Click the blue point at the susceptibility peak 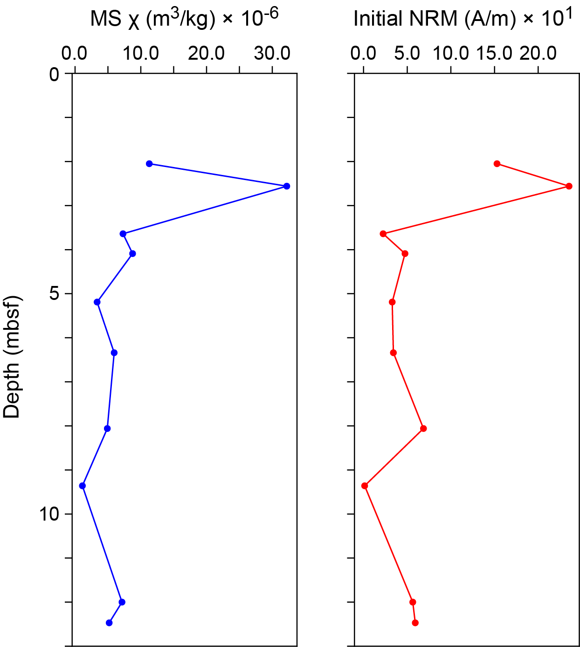coord(287,186)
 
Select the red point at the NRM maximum coord(569,186)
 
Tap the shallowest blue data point coord(149,164)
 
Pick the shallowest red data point coord(497,164)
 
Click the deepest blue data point coord(109,623)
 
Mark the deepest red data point coord(415,623)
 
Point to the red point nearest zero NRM coord(365,486)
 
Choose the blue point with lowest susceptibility coord(83,486)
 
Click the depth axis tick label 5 coord(54,294)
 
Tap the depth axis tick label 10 coord(49,514)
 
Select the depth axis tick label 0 coord(54,74)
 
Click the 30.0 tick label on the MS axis coord(272,54)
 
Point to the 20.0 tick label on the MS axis coord(206,54)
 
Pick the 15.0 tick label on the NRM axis coord(494,54)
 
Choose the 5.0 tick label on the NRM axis coord(407,54)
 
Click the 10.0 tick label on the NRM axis coord(450,54)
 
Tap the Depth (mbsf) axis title coord(13,357)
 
